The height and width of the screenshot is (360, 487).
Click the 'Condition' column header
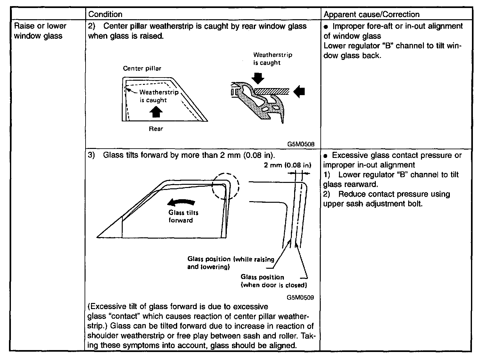pyautogui.click(x=105, y=14)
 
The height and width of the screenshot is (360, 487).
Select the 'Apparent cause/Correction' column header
pyautogui.click(x=371, y=14)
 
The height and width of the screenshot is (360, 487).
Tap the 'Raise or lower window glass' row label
pyautogui.click(x=40, y=31)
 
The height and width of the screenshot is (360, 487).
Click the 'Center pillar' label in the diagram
pyautogui.click(x=142, y=68)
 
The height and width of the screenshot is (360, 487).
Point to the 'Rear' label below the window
pyautogui.click(x=156, y=129)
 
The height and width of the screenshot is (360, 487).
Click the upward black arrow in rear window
pyautogui.click(x=156, y=112)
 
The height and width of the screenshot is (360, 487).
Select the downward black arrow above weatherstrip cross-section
pyautogui.click(x=258, y=78)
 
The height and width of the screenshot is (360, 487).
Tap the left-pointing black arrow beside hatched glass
pyautogui.click(x=299, y=92)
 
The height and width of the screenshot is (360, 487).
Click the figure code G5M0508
pyautogui.click(x=301, y=144)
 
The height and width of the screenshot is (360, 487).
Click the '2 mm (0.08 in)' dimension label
pyautogui.click(x=287, y=165)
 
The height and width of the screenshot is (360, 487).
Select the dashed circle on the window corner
pyautogui.click(x=226, y=187)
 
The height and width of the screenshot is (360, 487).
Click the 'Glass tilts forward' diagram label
pyautogui.click(x=183, y=216)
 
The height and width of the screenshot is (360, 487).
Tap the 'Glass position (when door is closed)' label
pyautogui.click(x=274, y=281)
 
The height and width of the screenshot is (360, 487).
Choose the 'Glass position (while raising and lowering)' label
pyautogui.click(x=230, y=263)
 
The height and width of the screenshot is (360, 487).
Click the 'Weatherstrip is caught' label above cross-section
pyautogui.click(x=272, y=59)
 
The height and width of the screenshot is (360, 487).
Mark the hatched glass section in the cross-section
pyautogui.click(x=272, y=91)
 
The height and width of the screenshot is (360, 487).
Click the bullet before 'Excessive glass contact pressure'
pyautogui.click(x=325, y=156)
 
